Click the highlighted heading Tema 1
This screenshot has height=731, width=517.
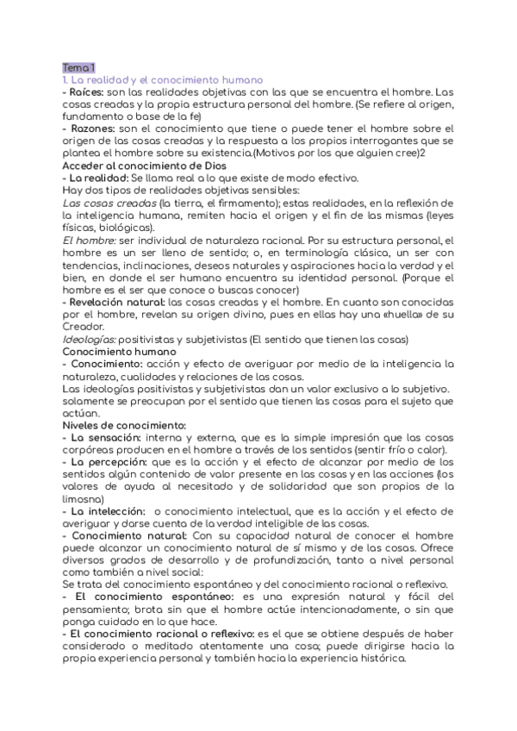(78, 67)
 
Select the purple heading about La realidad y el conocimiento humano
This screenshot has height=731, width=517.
(161, 79)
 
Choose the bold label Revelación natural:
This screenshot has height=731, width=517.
(118, 303)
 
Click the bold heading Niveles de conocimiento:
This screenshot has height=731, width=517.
(124, 425)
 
